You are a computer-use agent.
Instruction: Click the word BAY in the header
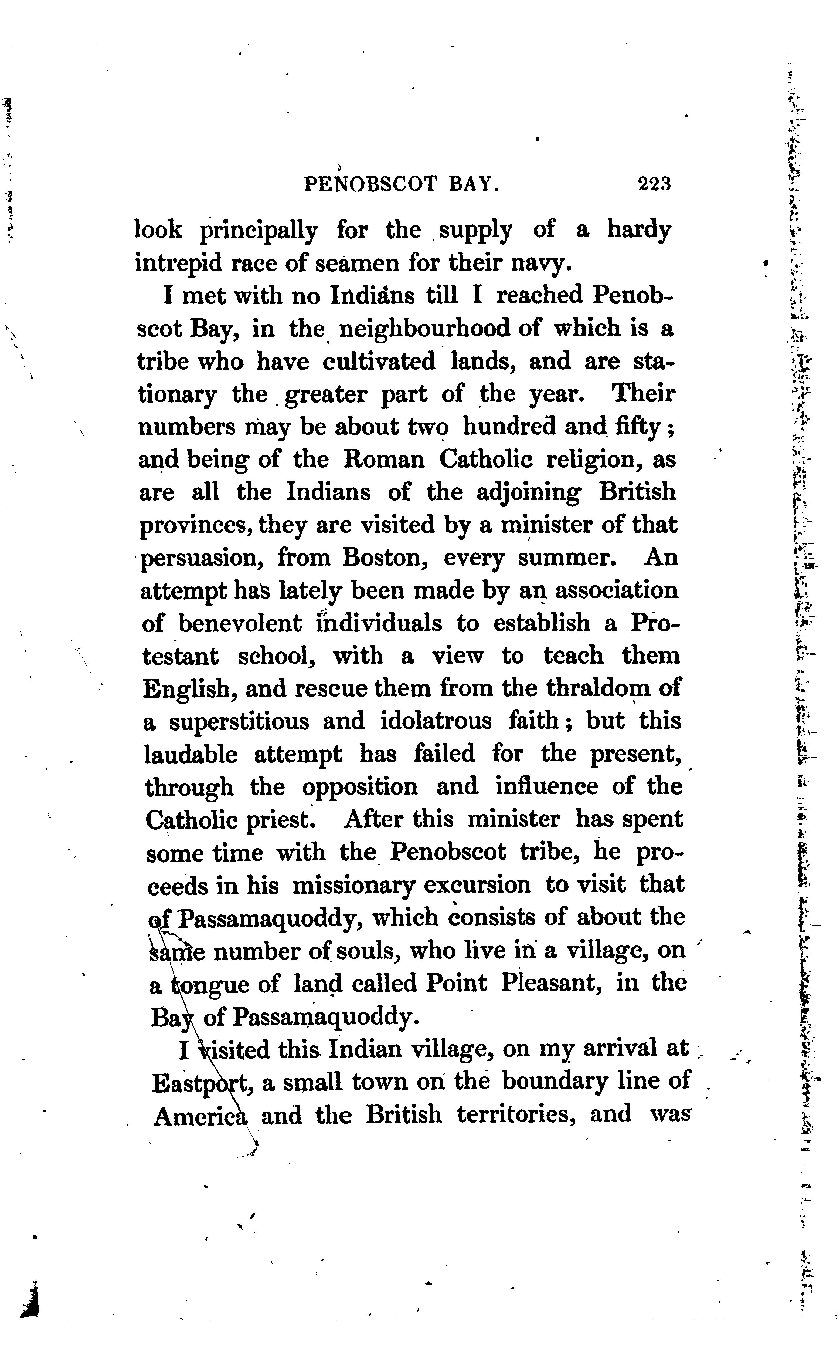473,183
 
